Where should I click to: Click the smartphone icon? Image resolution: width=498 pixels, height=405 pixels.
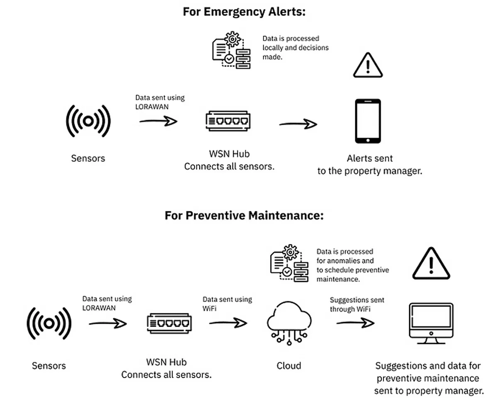coord(368,121)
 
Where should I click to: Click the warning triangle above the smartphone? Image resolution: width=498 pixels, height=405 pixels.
coord(368,66)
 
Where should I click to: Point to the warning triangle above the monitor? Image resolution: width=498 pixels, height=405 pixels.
coord(431,264)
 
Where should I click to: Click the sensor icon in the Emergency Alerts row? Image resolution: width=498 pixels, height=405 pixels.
coord(88,121)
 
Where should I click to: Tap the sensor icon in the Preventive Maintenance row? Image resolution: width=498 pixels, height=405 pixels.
coord(49,323)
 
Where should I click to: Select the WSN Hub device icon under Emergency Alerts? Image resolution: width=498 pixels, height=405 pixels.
coord(229,121)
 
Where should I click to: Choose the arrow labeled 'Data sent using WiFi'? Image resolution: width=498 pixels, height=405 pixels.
coord(228,322)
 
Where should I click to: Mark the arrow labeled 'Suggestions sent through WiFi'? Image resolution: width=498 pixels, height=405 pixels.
coord(355,322)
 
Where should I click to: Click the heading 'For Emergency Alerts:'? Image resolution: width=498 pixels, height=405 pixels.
coord(244,12)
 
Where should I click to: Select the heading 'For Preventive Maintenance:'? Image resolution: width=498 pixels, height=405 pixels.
coord(244,216)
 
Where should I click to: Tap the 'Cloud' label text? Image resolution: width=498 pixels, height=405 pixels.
coord(289,366)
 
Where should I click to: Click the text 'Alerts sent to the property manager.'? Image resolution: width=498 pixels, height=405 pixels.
coord(370,164)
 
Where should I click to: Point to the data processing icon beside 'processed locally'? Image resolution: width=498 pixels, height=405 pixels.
coord(231,50)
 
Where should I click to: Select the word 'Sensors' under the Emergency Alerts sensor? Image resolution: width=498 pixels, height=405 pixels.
coord(88,158)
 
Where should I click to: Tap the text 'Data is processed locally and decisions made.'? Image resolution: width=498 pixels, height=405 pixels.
coord(295,48)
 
